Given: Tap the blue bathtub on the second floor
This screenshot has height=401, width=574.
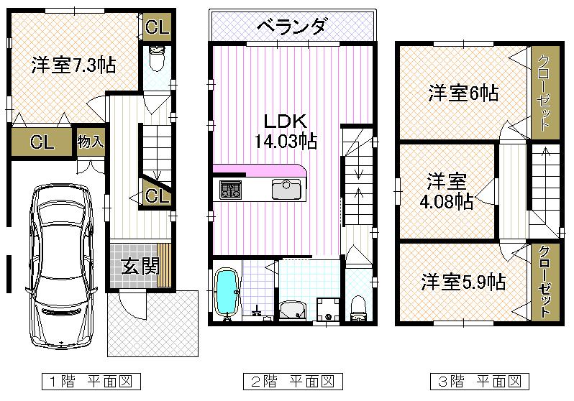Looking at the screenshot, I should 227,293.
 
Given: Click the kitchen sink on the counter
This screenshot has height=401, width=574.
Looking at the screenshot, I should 286,190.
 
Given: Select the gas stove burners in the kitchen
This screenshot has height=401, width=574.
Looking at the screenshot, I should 231,190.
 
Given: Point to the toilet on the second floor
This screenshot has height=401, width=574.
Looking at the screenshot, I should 357,308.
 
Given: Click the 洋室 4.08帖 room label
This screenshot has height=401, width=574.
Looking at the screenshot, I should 447,190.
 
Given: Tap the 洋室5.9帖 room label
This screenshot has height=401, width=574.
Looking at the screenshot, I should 463,281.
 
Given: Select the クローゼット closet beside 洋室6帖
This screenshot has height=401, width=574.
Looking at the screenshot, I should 543,92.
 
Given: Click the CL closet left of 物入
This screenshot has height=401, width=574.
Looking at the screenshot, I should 42,142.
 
